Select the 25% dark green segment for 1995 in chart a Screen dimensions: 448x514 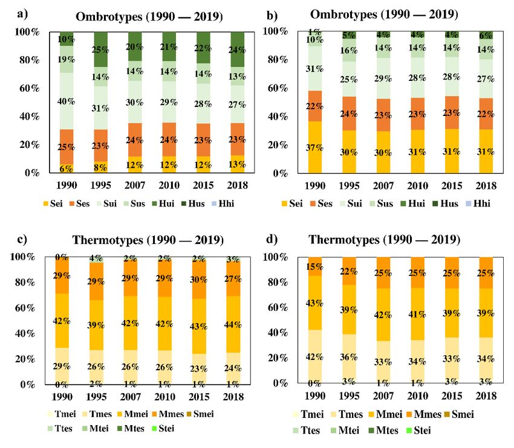(100, 49)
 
